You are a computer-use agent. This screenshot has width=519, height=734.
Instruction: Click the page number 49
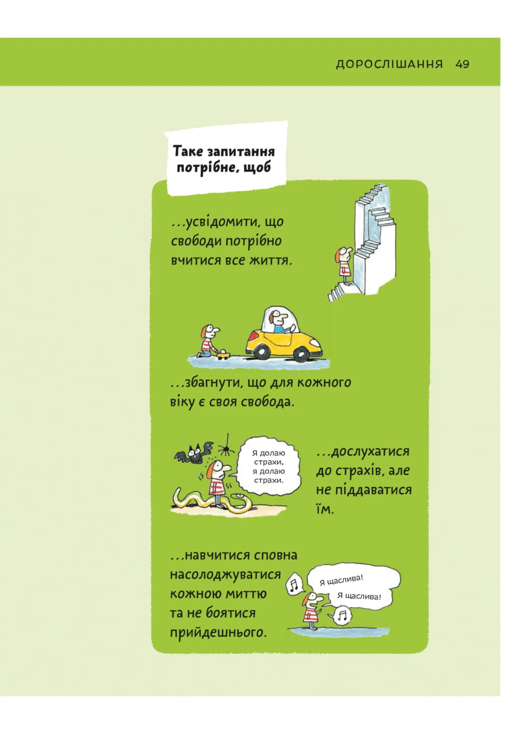[x=462, y=64]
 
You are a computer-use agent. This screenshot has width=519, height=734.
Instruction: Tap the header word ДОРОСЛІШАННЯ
[x=389, y=64]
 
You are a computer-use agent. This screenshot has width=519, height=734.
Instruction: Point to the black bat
[x=193, y=452]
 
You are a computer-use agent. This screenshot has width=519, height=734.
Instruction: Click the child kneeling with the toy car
[x=207, y=341]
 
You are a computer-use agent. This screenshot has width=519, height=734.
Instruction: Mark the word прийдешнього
[x=218, y=632]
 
